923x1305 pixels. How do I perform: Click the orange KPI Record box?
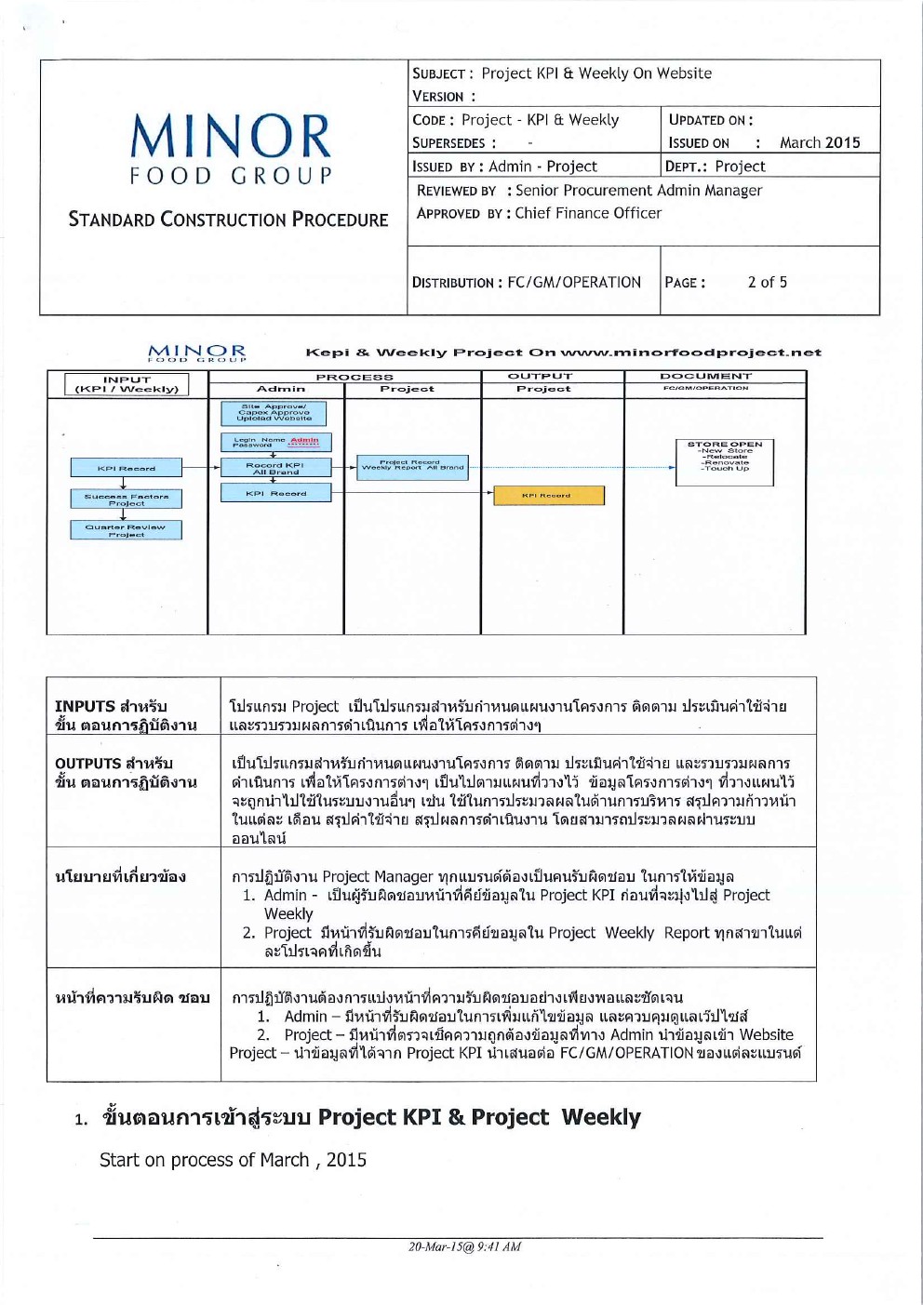[x=548, y=496]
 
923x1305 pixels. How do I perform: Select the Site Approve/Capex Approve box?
[x=274, y=413]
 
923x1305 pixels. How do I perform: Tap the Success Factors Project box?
[x=127, y=499]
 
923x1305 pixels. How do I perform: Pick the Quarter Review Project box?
[x=126, y=530]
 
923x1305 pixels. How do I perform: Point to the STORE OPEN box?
[x=725, y=458]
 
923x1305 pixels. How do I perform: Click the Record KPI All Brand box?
[x=275, y=468]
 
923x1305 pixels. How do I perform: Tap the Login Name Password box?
[x=275, y=443]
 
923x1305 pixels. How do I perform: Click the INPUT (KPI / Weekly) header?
[x=127, y=384]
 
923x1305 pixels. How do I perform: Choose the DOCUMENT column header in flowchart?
[x=706, y=377]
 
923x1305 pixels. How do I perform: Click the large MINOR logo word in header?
[x=230, y=137]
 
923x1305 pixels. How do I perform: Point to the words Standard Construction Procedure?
[x=228, y=220]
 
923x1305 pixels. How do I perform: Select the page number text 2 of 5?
[x=767, y=282]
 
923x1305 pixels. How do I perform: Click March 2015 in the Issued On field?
[x=820, y=142]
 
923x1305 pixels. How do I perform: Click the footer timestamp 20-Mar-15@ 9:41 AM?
[x=464, y=1246]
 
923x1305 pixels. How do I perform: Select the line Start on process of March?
[x=233, y=1160]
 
